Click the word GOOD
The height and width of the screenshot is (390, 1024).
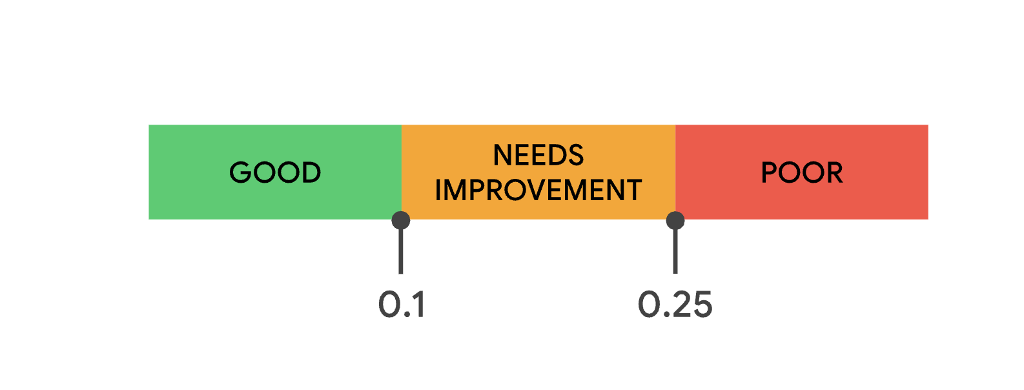click(275, 172)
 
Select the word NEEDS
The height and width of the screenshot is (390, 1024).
click(538, 155)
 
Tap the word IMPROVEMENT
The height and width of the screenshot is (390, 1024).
click(538, 190)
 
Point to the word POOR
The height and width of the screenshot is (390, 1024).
click(802, 172)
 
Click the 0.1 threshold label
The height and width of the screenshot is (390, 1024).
click(402, 304)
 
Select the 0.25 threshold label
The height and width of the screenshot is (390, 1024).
click(675, 304)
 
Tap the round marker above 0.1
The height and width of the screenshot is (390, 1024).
click(401, 220)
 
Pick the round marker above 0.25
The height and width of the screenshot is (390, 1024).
click(675, 220)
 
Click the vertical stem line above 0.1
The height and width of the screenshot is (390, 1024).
click(401, 251)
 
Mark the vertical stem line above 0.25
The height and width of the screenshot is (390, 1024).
click(675, 251)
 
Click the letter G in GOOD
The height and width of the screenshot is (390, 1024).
click(240, 172)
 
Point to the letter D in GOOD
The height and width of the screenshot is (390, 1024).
click(311, 172)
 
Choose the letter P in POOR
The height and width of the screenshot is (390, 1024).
click(769, 172)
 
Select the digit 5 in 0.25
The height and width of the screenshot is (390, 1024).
click(701, 305)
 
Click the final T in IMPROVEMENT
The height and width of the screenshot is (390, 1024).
click(634, 190)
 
